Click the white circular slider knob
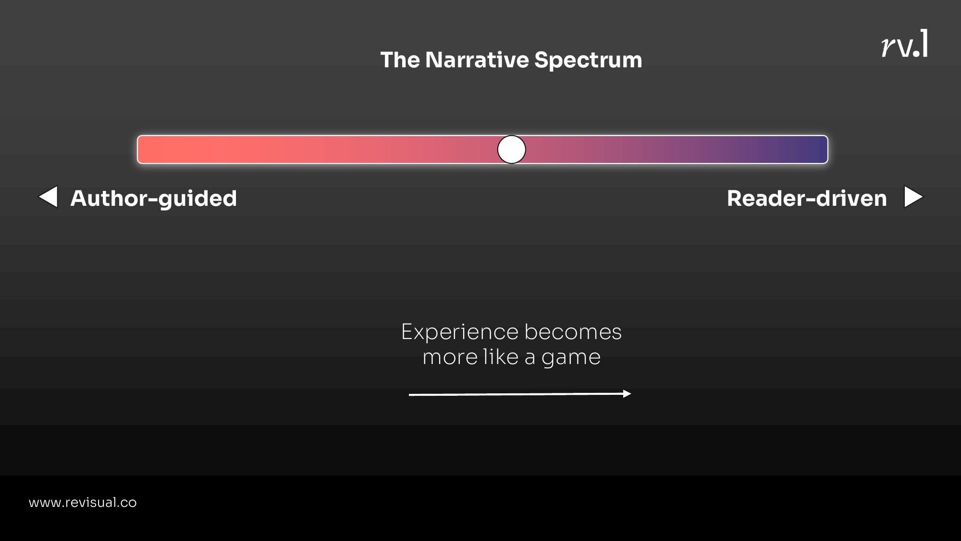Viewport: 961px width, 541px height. coord(511,150)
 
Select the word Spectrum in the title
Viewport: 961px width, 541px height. coord(588,61)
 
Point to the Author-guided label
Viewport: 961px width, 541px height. coord(153,199)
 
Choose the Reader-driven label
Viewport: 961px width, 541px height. coord(806,199)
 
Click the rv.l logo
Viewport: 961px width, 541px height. coord(904,44)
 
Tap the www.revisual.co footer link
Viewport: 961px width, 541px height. coord(83,503)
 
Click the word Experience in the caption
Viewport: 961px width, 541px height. coord(459,332)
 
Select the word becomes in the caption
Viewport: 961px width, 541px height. coord(573,332)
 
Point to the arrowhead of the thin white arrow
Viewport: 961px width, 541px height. coord(627,394)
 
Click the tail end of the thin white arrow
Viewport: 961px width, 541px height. coord(411,395)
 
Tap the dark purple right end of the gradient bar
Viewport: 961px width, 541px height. coord(817,150)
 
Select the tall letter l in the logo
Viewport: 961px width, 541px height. coord(924,43)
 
